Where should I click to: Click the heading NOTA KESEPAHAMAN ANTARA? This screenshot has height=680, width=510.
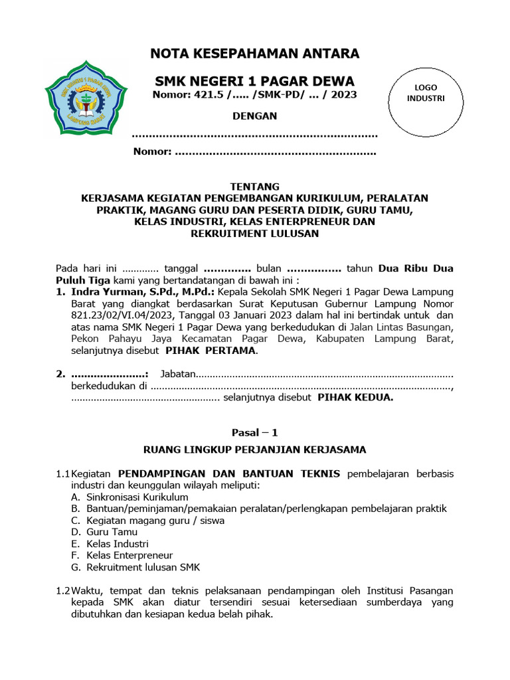pos(255,54)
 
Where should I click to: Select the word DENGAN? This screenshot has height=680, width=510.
pos(254,116)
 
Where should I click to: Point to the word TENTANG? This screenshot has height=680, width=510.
pos(254,187)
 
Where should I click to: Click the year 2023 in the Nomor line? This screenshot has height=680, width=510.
pos(343,95)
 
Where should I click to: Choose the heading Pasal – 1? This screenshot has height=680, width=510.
pos(254,432)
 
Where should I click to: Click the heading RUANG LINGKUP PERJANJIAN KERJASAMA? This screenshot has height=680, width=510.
pos(254,450)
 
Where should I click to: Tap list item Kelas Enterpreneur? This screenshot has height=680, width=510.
pos(129,555)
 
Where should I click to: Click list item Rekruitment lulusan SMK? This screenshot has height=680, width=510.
pos(143,567)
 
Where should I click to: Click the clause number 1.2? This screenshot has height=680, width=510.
pos(62,590)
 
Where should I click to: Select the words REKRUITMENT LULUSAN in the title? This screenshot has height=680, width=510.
pos(254,234)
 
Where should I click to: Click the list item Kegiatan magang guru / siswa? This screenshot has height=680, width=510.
pos(155,520)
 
